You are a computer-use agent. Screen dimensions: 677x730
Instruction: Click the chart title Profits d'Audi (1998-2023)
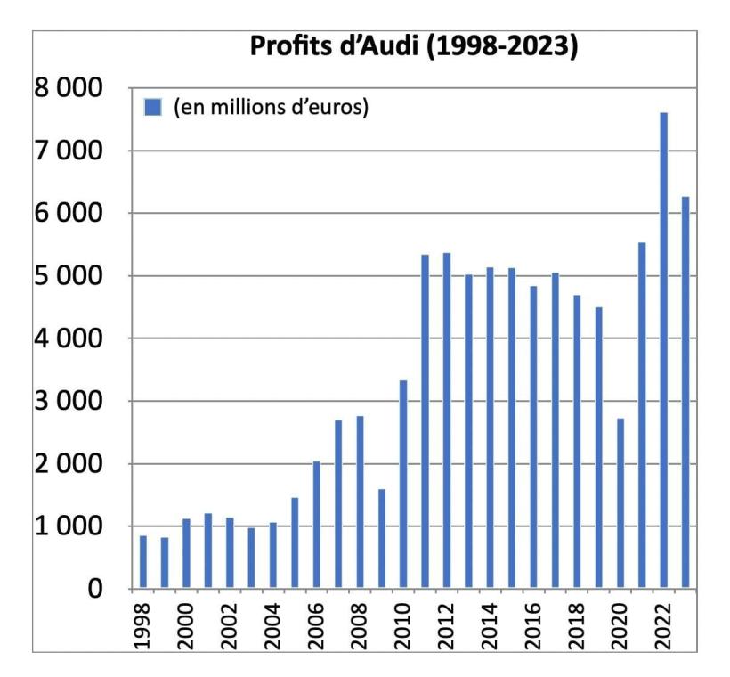[414, 47]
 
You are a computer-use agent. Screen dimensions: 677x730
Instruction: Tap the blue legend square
[152, 107]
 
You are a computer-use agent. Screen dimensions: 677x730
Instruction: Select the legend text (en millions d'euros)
[272, 107]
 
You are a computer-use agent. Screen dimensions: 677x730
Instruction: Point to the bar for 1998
[143, 562]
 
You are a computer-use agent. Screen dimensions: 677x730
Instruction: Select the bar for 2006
[317, 525]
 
